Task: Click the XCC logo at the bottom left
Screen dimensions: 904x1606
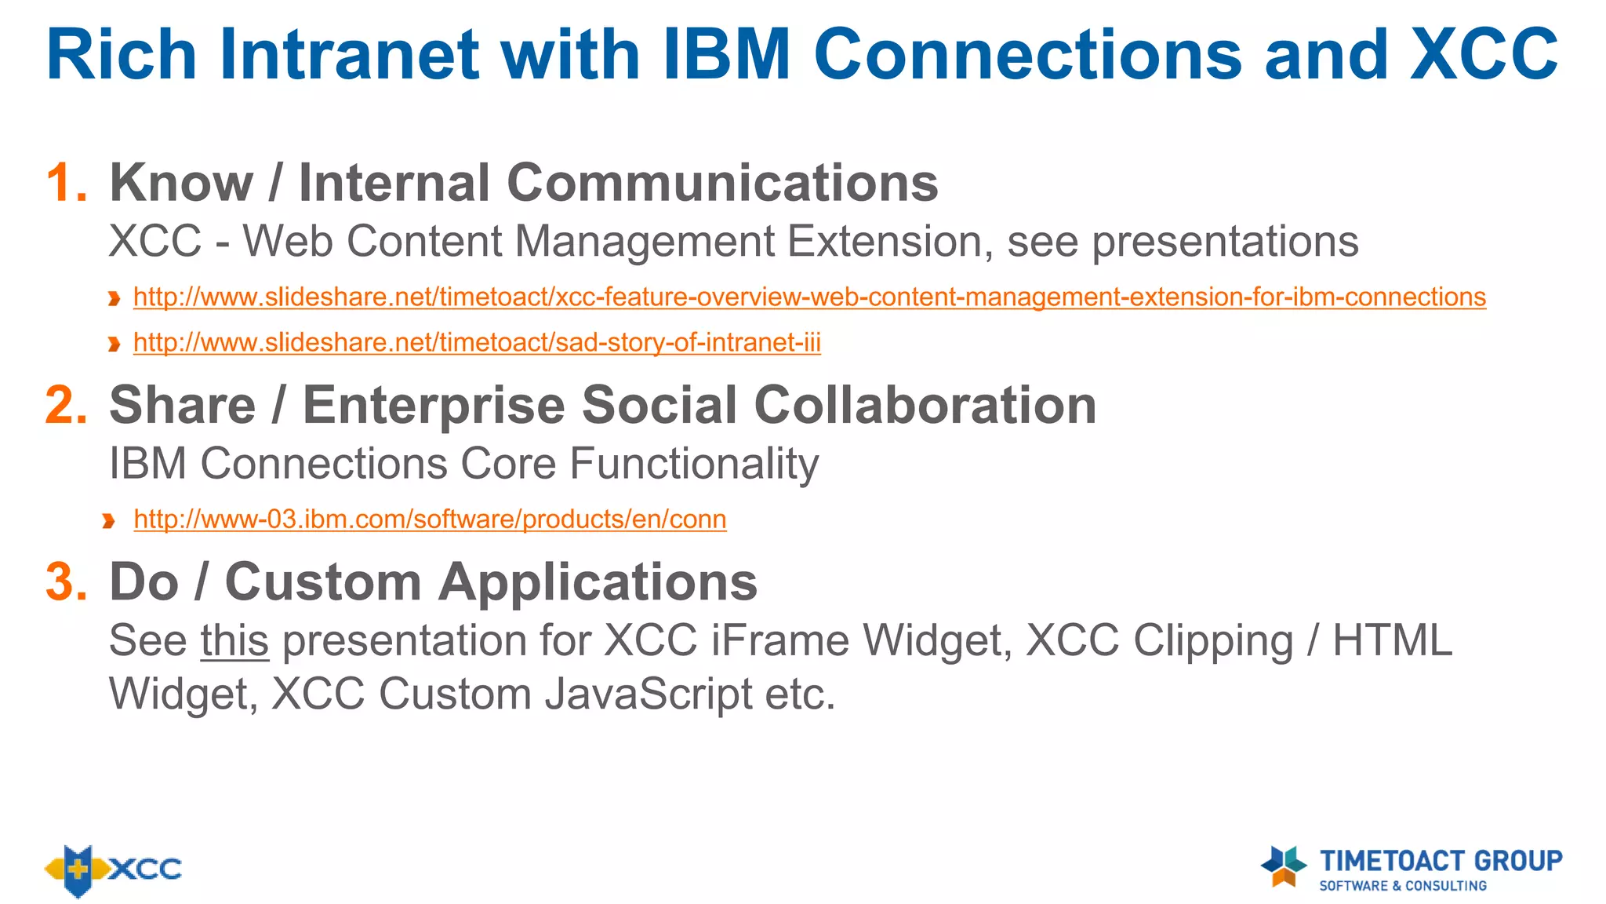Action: point(113,869)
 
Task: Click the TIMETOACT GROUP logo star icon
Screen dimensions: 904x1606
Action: point(1284,866)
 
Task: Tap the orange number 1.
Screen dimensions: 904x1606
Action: point(66,183)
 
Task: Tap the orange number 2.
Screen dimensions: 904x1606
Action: point(66,406)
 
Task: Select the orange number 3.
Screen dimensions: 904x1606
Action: point(66,582)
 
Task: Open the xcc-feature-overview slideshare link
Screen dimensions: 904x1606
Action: point(809,297)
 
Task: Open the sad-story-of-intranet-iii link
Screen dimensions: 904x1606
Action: point(477,343)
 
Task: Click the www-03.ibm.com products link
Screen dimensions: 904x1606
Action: point(430,519)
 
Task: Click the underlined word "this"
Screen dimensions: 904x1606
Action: point(234,640)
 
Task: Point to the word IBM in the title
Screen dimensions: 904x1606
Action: point(726,55)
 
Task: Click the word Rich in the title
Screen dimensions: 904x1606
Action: point(121,55)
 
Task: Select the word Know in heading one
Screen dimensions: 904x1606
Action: point(181,183)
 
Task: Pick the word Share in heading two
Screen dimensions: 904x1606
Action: point(183,406)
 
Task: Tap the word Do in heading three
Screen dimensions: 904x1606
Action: point(144,582)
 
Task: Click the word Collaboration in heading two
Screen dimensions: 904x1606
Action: point(925,406)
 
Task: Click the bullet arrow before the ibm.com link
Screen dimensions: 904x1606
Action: point(109,521)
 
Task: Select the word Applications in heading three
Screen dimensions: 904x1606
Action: point(598,582)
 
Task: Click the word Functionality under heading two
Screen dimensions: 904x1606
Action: point(693,464)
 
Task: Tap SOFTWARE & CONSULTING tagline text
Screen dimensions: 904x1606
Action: point(1402,886)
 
